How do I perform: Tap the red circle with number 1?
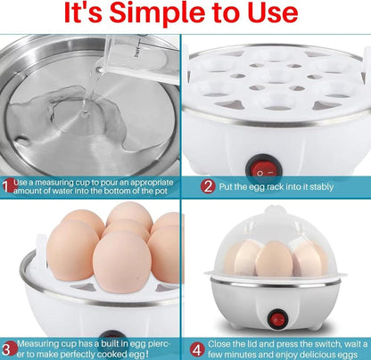8,186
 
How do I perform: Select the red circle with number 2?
208,186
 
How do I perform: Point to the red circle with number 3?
7,348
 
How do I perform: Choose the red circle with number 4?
195,348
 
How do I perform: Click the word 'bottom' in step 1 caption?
128,192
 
